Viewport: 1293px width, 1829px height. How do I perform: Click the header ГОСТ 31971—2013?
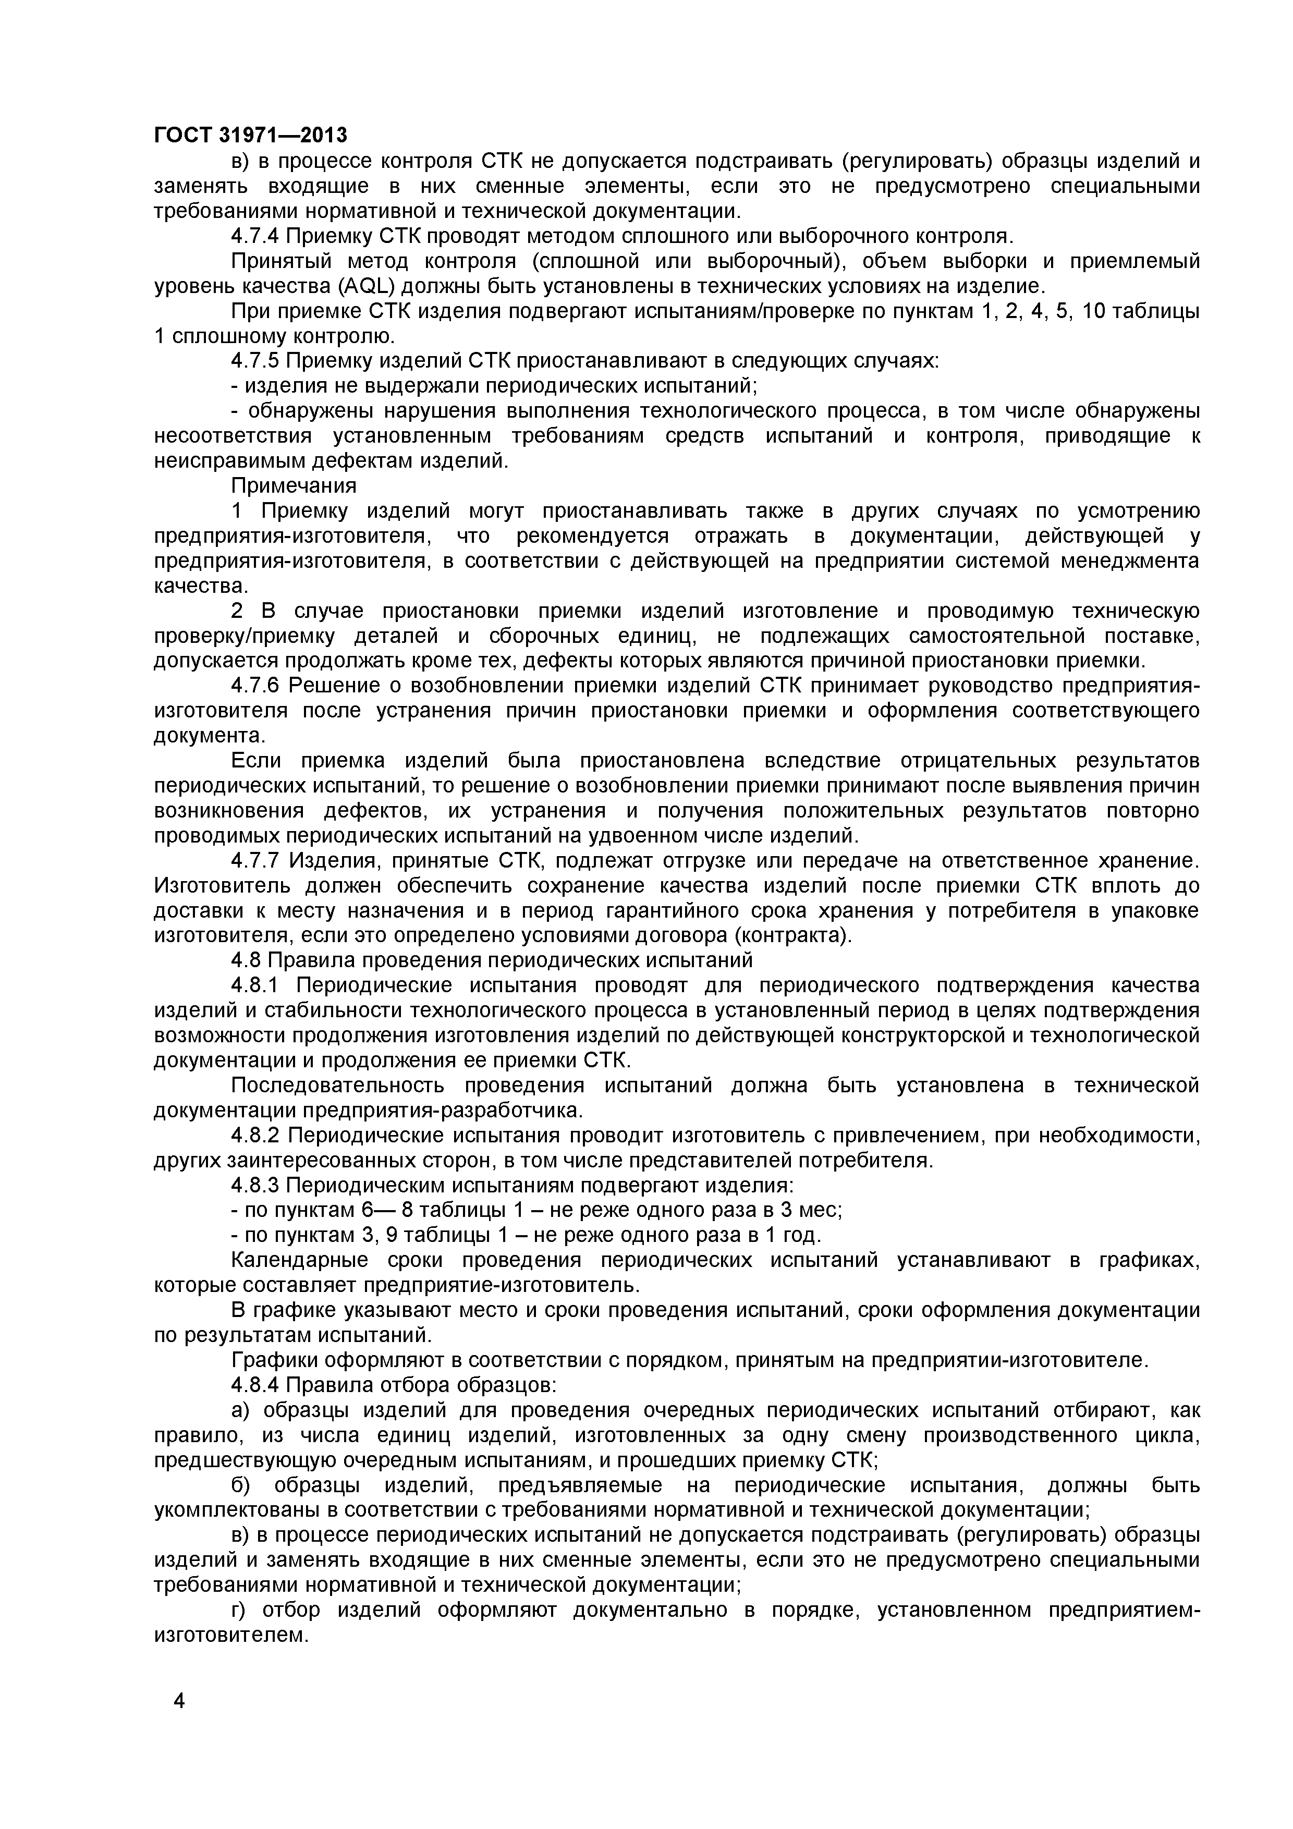click(250, 136)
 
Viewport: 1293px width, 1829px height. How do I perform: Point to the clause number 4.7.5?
click(255, 361)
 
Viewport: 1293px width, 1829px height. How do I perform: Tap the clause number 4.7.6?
click(255, 685)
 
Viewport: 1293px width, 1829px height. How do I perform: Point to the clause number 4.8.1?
click(255, 985)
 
